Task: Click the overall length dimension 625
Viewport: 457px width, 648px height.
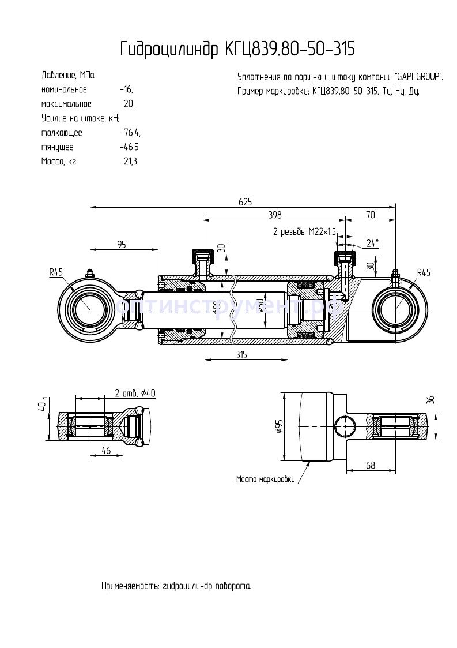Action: coord(245,202)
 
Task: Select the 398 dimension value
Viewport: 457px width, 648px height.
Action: coord(275,215)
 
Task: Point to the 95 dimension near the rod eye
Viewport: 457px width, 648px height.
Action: coord(122,244)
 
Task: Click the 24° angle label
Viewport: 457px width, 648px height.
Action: coord(372,244)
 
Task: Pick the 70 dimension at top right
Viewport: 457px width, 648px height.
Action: coord(370,215)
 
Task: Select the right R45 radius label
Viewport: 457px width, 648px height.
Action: coord(424,272)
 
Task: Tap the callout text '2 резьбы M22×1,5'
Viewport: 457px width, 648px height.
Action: coord(304,231)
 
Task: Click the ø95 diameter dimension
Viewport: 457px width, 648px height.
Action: coord(279,426)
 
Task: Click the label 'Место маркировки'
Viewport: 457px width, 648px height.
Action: coord(265,479)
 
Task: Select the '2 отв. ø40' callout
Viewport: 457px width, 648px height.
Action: coord(135,394)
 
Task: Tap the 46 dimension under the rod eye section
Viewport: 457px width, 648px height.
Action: coord(106,451)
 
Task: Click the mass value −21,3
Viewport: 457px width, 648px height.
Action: coord(128,162)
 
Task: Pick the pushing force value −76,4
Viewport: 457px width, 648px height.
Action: coord(130,133)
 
